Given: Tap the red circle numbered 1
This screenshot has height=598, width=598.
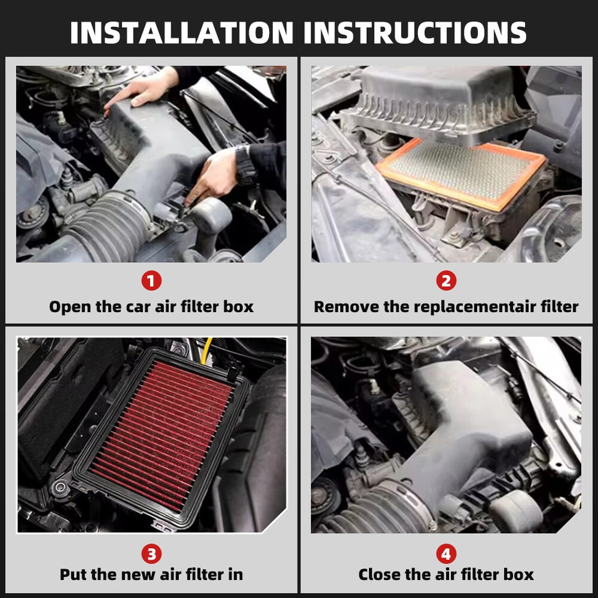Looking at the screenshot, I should (x=151, y=281).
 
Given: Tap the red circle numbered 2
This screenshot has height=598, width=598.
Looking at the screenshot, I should (x=446, y=281).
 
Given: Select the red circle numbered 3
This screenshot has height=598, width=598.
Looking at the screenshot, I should (x=151, y=553).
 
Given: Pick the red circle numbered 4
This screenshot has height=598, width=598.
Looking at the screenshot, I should (x=446, y=553).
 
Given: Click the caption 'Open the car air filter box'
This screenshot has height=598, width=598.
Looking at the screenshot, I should (x=151, y=306).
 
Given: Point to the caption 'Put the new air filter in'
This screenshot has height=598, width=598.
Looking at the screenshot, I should (x=151, y=574).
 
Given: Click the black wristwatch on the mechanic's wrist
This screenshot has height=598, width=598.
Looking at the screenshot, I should (x=245, y=164).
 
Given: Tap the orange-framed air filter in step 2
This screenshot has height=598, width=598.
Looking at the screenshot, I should (x=461, y=172).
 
